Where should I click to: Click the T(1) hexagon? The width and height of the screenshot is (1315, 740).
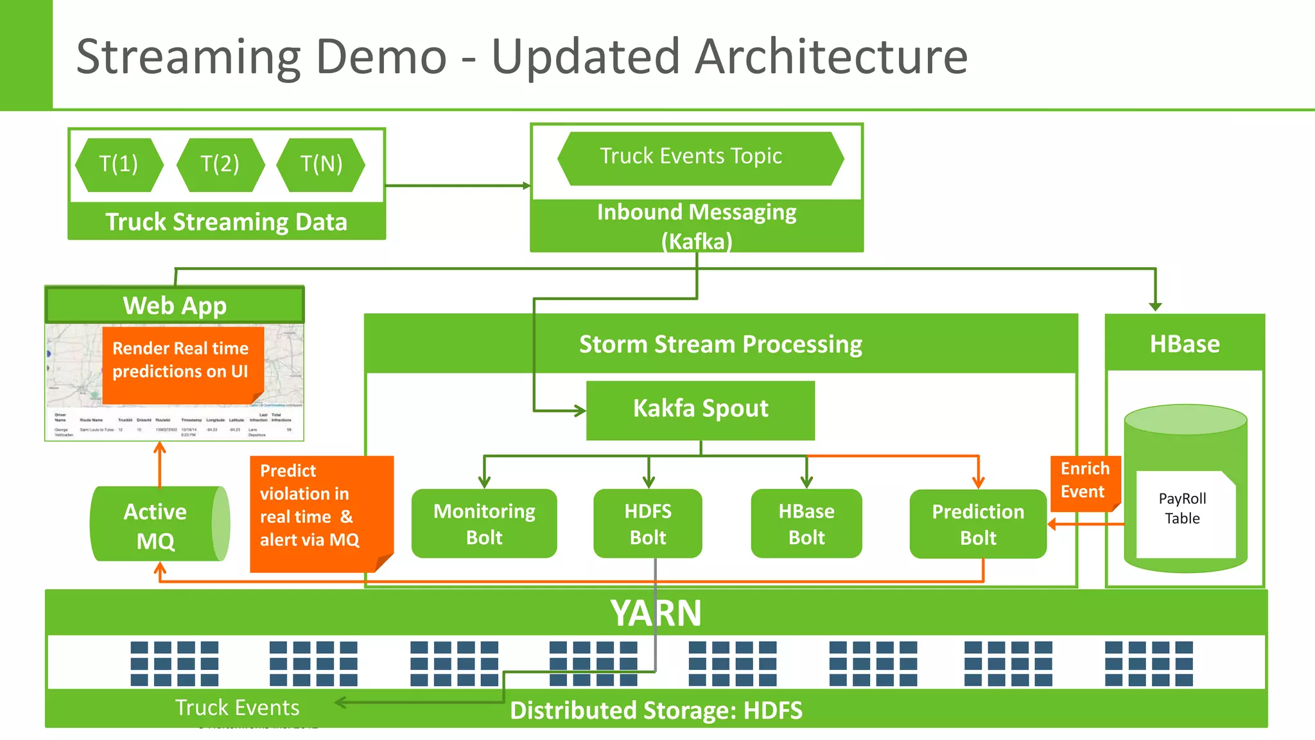(119, 164)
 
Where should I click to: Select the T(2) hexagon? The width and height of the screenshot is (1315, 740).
(220, 164)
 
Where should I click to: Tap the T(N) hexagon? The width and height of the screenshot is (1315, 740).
(321, 164)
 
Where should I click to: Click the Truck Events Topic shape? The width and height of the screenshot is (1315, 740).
(700, 158)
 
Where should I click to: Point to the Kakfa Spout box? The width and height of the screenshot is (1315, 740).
(700, 409)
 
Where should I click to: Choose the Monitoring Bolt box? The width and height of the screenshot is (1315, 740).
(484, 524)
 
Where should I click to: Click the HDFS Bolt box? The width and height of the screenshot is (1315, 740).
(648, 524)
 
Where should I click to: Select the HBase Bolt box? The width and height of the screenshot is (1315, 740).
(806, 524)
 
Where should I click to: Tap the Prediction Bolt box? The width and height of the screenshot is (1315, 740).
(978, 524)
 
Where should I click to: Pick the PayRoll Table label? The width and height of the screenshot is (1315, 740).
(1182, 509)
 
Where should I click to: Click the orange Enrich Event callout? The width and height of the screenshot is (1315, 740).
(1084, 481)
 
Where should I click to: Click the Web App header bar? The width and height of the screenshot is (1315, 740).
(175, 306)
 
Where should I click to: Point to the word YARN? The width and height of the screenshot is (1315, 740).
(656, 613)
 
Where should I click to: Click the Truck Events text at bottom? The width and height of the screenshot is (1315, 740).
(237, 707)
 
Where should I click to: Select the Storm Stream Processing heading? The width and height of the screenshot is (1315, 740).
(720, 344)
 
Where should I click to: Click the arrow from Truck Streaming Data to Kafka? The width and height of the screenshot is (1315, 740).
(457, 186)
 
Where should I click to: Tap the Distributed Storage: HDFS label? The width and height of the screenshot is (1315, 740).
(656, 710)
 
